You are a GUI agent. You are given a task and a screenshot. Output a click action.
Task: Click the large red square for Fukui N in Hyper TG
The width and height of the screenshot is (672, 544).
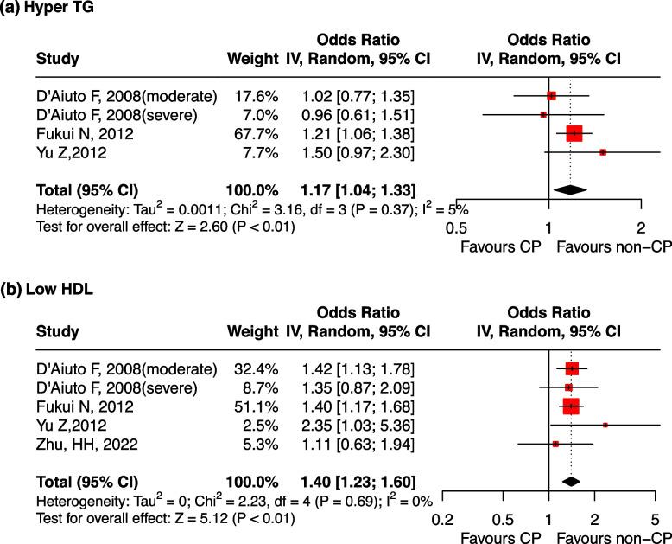(x=574, y=133)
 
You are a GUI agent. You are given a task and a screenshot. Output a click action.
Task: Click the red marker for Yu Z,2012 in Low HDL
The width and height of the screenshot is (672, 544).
(x=605, y=425)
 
